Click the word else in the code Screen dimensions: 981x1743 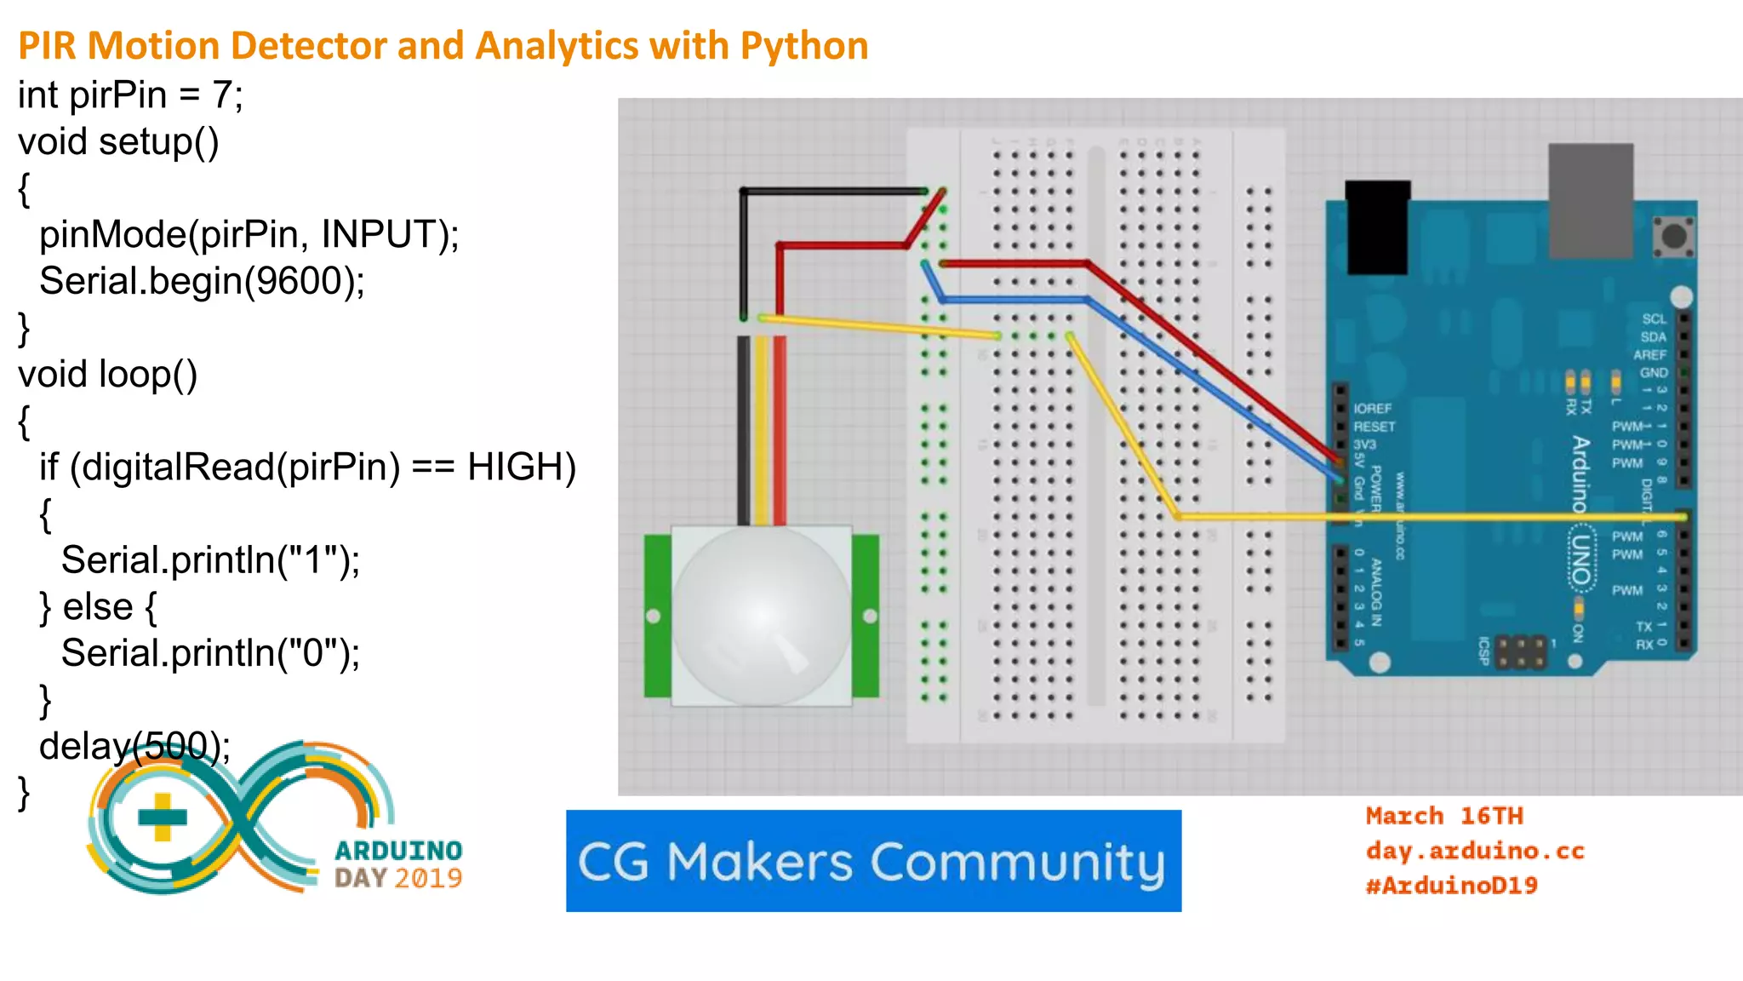[98, 607]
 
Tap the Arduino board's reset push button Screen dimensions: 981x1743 [1673, 236]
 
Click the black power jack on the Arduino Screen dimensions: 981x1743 [1377, 226]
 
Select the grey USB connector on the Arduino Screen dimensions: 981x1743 [1590, 200]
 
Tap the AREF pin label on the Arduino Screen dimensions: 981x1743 [1649, 355]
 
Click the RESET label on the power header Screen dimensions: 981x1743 [1374, 427]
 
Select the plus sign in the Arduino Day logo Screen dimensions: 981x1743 [162, 817]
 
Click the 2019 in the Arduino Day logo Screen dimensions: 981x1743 [427, 878]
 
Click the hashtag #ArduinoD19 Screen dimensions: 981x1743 [1451, 886]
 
